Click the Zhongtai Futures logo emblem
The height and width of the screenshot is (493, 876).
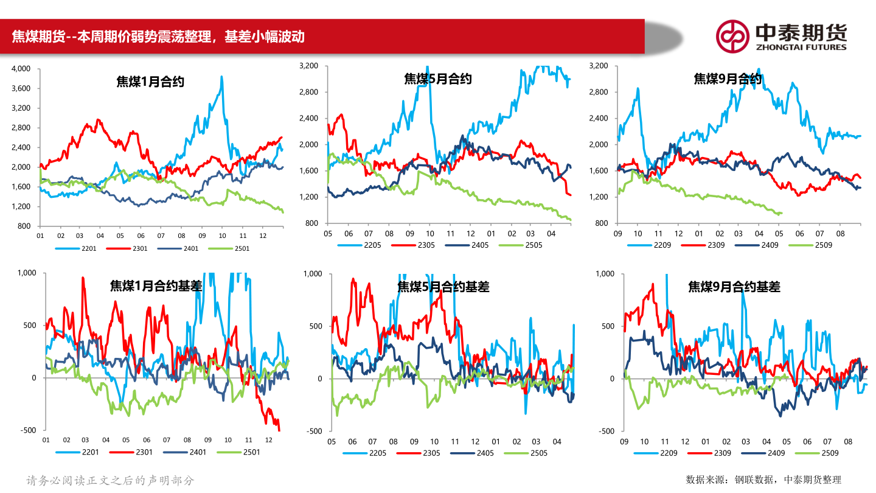732,36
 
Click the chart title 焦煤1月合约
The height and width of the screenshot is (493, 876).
150,82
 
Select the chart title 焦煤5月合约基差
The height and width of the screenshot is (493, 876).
443,287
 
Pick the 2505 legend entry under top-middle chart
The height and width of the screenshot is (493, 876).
533,245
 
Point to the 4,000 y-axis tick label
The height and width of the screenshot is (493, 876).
21,69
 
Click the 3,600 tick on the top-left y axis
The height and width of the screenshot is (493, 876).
21,89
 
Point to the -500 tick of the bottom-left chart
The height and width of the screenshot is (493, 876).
28,430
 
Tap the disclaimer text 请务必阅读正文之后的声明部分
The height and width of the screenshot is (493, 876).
110,480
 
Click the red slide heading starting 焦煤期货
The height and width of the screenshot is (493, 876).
158,37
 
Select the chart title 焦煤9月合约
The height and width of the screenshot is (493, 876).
728,79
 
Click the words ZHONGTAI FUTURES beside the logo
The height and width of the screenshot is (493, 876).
801,47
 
